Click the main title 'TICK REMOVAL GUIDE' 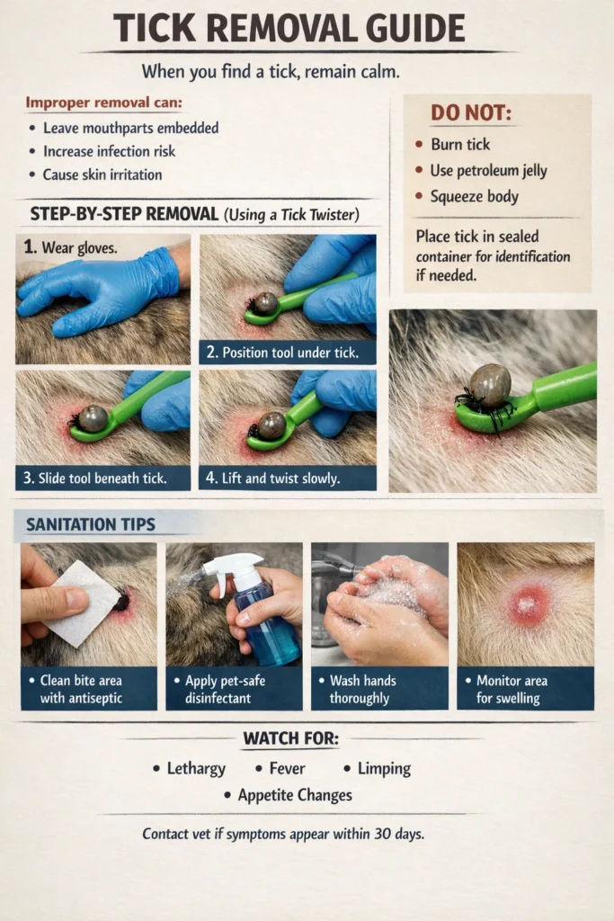tap(289, 29)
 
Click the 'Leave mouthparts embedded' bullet tap(130, 128)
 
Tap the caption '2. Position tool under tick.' tap(288, 352)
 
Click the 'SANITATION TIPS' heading tap(89, 523)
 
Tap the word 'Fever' tap(287, 769)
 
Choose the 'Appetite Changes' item tap(294, 795)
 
